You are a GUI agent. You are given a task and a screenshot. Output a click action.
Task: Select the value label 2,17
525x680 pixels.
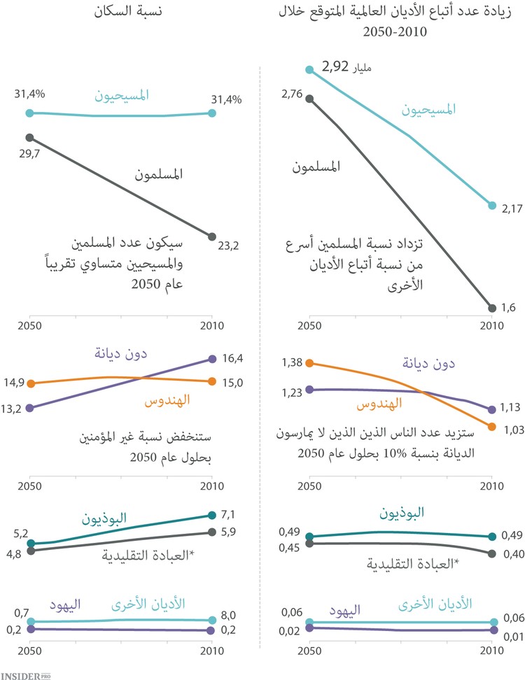[512, 208]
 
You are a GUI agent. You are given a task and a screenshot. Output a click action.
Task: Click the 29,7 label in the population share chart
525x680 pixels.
[28, 152]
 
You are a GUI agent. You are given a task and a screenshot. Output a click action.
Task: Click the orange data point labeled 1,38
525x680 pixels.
[309, 363]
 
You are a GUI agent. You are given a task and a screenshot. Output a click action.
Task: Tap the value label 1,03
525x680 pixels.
[512, 429]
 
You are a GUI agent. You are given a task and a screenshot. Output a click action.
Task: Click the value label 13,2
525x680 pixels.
[12, 408]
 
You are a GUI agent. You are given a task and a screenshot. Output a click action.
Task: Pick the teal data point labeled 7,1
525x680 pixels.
[212, 515]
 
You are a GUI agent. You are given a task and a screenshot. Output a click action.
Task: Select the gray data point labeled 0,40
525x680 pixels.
[491, 554]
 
